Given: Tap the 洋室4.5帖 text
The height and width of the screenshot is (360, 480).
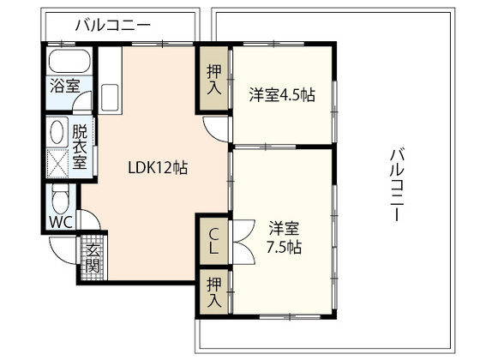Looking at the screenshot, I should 282,94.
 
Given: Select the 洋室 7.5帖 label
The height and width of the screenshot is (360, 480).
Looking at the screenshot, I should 284,237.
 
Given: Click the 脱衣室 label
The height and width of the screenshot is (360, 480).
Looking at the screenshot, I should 80,147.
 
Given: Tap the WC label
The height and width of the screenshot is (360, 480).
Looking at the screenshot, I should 60,222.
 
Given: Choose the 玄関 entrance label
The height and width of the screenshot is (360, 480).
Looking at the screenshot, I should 93,258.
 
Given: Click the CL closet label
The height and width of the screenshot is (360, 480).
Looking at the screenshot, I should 213,241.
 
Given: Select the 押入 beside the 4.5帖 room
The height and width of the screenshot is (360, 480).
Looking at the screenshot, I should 214,80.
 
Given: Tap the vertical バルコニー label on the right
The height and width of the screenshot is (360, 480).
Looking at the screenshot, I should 396,185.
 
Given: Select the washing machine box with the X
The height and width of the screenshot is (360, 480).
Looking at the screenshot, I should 57,162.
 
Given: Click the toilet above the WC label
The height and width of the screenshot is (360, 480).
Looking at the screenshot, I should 60,199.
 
